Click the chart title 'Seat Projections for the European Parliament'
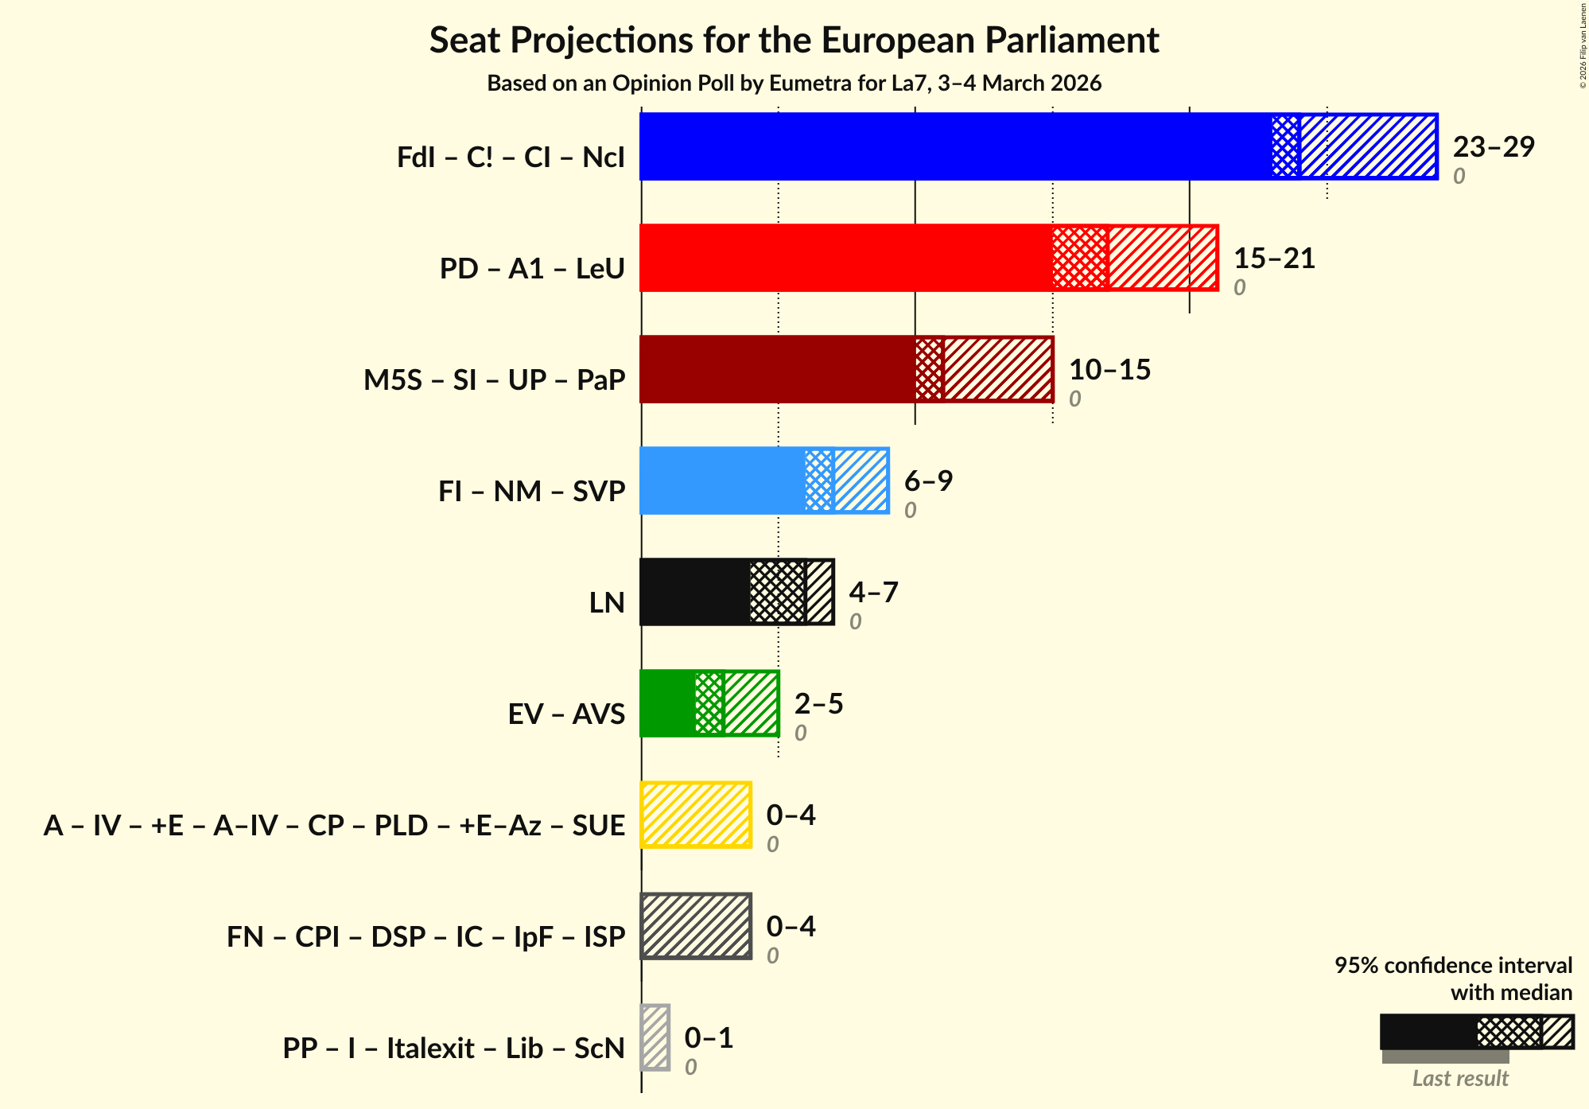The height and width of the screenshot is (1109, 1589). coord(794,40)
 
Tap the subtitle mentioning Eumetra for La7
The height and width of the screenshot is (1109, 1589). coord(794,84)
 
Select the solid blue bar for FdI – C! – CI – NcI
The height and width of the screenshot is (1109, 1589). coord(954,146)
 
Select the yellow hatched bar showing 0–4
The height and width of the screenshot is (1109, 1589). coord(696,815)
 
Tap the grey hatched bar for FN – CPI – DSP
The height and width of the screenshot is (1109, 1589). coord(696,926)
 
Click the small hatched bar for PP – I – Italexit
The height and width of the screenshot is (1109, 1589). coord(655,1037)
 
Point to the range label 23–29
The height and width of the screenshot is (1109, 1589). coord(1493,146)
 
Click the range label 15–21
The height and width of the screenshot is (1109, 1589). coord(1273,258)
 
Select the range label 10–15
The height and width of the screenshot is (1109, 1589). coord(1109,369)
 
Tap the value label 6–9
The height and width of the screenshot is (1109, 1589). coord(928,481)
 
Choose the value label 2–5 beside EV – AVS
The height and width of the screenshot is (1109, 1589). coord(818,703)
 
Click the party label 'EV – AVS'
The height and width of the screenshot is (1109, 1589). coord(566,714)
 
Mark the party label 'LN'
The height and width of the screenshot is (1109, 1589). coord(607,602)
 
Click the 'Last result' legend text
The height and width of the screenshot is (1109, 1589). coord(1460,1078)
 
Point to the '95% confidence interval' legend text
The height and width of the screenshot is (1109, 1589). coord(1453,965)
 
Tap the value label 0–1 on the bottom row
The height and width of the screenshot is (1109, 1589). coord(709,1037)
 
